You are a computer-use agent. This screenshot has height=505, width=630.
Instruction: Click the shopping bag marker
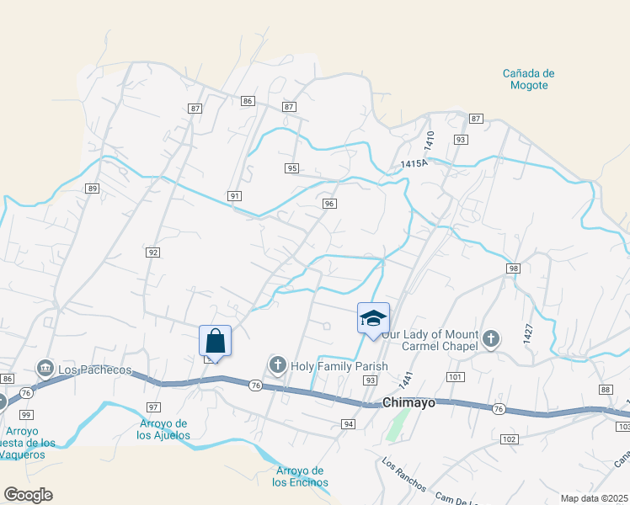click(x=215, y=341)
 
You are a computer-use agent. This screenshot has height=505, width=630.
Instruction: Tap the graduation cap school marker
click(x=373, y=318)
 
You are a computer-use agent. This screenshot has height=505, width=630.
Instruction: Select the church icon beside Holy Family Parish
click(x=277, y=365)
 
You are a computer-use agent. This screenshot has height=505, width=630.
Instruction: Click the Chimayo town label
click(x=409, y=402)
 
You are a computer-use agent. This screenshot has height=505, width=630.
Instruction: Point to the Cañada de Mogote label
click(x=528, y=79)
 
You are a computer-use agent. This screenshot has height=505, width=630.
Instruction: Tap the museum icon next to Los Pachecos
click(x=45, y=369)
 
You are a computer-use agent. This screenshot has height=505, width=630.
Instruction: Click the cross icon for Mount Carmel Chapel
click(x=491, y=339)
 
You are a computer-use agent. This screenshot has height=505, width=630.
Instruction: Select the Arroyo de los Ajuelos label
click(x=164, y=429)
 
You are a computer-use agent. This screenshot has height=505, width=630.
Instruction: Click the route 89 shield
click(x=92, y=189)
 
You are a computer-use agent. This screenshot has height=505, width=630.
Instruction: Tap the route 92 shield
click(x=152, y=252)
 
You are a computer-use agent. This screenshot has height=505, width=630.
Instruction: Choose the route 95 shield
click(x=292, y=168)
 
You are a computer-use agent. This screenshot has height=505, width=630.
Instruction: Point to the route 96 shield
click(x=329, y=204)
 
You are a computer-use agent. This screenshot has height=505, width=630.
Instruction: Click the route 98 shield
click(x=513, y=268)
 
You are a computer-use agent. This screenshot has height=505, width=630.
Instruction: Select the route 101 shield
click(x=456, y=376)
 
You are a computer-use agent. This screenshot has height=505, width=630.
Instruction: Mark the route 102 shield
click(x=509, y=439)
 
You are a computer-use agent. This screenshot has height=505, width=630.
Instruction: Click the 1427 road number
click(x=528, y=333)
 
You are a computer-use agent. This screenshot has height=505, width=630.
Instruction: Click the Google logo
click(x=28, y=495)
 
